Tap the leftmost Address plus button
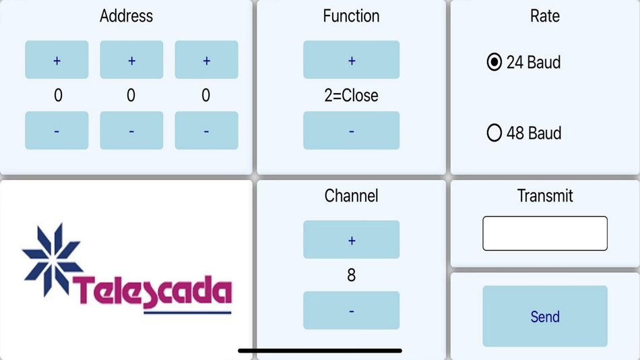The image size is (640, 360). (x=57, y=60)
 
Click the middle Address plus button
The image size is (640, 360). (x=131, y=60)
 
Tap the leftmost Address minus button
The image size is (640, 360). (x=57, y=130)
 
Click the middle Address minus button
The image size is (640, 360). (x=131, y=130)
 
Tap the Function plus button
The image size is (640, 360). (x=351, y=60)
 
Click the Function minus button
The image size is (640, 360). (x=351, y=130)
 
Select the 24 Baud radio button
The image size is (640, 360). (x=494, y=63)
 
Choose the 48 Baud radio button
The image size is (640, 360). (x=494, y=133)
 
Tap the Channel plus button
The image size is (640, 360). (x=351, y=239)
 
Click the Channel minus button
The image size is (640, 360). (x=351, y=310)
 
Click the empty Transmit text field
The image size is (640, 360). (x=545, y=233)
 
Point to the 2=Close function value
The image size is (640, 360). (x=351, y=96)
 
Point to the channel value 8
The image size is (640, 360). (x=351, y=275)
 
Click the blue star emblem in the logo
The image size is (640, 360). (x=52, y=258)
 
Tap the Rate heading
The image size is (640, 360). (x=545, y=16)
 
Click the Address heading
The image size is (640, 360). (x=126, y=16)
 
